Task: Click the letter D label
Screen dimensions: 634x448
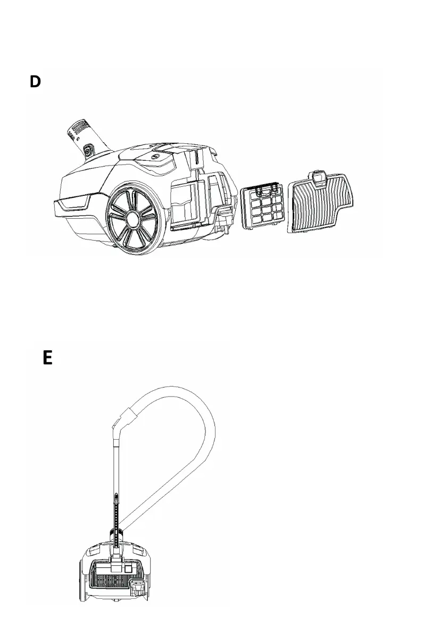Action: (x=35, y=83)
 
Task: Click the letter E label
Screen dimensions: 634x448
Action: (x=47, y=357)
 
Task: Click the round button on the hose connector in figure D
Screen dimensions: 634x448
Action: (x=87, y=151)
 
